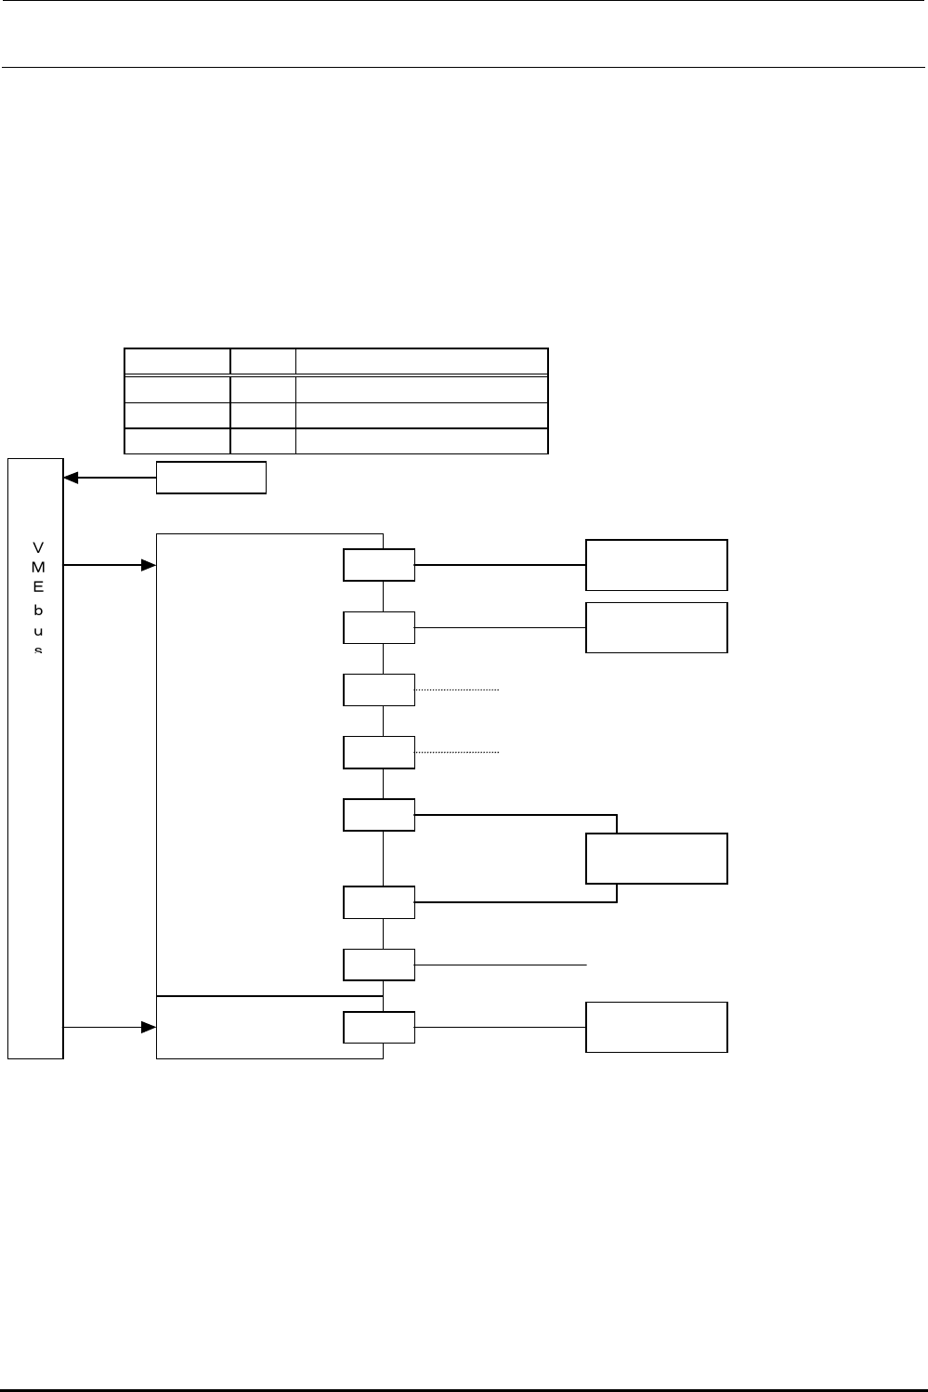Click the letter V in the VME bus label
(37, 545)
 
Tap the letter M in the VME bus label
(37, 566)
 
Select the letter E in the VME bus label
(37, 586)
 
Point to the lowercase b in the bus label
(37, 610)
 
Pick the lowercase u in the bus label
(37, 630)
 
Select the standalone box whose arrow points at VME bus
(211, 478)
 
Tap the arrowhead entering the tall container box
(148, 564)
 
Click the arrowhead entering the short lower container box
(148, 1027)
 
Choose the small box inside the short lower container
(379, 1027)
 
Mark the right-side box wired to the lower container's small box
(656, 1027)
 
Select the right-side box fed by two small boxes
(656, 858)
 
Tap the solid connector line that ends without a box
(501, 965)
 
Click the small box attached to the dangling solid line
(379, 965)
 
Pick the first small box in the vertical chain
(379, 565)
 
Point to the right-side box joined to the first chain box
(656, 564)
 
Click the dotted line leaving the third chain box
(457, 690)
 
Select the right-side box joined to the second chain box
(656, 627)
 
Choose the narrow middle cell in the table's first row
(263, 361)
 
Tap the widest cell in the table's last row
(421, 441)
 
